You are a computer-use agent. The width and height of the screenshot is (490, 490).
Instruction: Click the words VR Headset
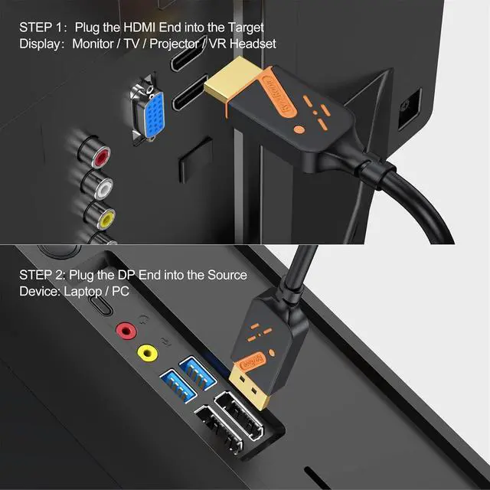[x=249, y=44]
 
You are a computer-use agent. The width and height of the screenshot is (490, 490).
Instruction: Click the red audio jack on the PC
[x=122, y=331]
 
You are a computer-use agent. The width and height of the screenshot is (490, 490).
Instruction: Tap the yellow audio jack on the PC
[x=145, y=352]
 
